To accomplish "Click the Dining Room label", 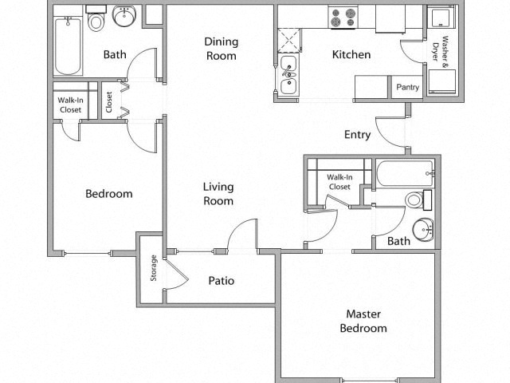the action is (221, 49).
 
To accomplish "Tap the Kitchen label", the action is (351, 54).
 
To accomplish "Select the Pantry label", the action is (407, 87).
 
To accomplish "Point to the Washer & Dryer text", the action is (440, 48).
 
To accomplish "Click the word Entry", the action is (358, 135).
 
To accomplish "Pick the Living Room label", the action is (218, 194).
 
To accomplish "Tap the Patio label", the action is (222, 281).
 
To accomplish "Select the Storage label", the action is (154, 268).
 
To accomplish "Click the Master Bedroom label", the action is (363, 321).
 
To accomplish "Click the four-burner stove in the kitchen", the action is (343, 18).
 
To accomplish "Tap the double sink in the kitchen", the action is (288, 74).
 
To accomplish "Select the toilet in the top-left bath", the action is (96, 19).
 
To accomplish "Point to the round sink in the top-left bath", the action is (124, 16).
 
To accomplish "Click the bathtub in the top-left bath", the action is (68, 46).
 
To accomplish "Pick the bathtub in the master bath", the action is (406, 173).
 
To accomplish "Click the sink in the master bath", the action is (423, 230).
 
